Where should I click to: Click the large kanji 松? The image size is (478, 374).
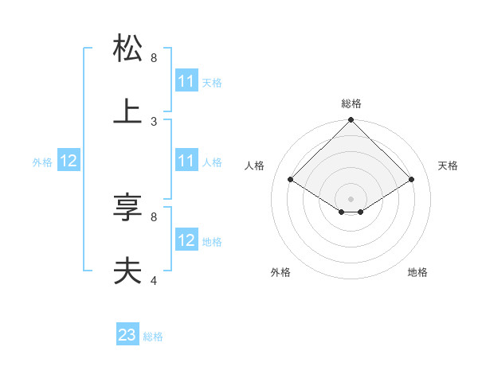tap(128, 49)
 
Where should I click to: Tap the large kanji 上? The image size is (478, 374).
tap(128, 112)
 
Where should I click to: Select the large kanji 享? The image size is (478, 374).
tap(128, 208)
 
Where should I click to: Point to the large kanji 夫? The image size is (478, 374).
tap(128, 271)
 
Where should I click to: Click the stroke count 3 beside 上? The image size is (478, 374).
tap(154, 122)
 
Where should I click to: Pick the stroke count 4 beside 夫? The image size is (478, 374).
tap(154, 280)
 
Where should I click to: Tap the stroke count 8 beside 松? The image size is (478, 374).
tap(154, 58)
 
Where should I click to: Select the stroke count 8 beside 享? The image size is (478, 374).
tap(154, 216)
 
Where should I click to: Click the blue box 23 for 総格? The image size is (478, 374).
tap(127, 335)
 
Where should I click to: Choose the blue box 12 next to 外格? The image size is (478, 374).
tap(69, 161)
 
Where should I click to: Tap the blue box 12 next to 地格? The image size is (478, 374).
tap(186, 240)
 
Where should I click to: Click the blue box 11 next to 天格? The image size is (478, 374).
tap(186, 81)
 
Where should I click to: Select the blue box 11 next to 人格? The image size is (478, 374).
tap(186, 161)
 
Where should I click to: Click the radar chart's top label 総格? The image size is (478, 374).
tap(351, 103)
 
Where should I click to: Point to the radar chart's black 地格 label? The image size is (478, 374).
tap(417, 272)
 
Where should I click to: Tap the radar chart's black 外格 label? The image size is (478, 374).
tap(280, 272)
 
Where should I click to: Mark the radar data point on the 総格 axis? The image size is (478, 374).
tap(351, 121)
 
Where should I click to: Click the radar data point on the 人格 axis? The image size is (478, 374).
tap(291, 180)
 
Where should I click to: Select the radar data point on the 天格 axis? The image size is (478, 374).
tap(412, 180)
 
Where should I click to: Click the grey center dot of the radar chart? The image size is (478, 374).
tap(351, 198)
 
